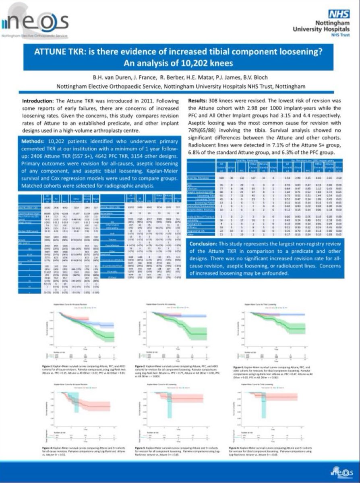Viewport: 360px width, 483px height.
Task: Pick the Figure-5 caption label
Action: coord(139,447)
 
